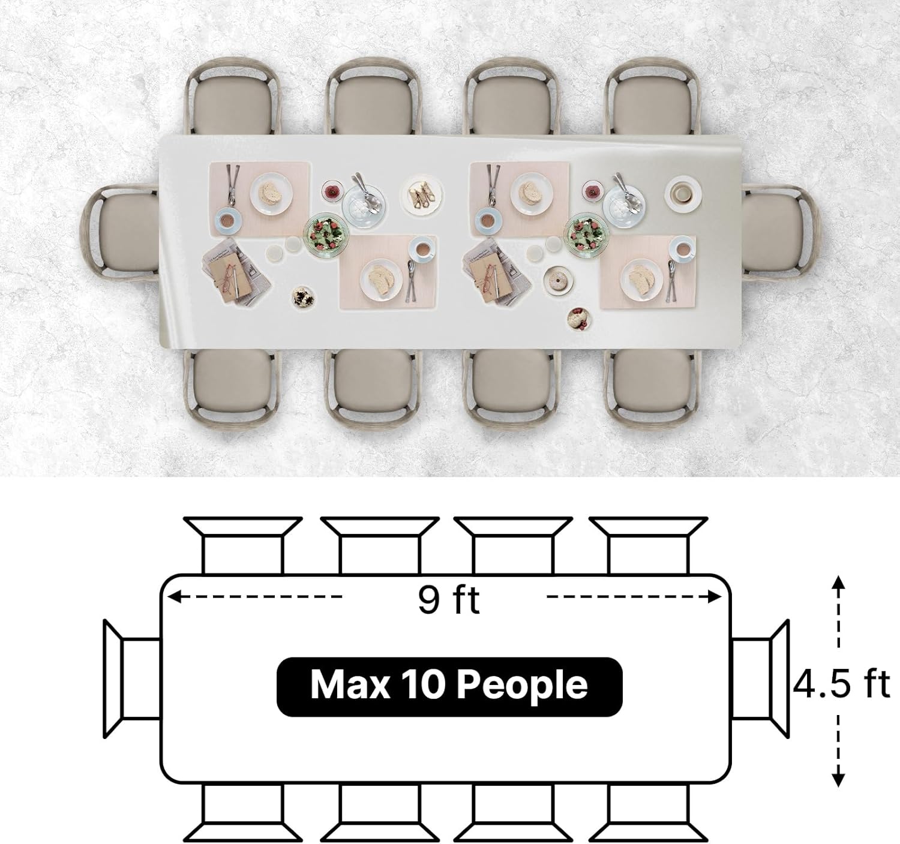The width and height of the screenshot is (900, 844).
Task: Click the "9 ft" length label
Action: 448,600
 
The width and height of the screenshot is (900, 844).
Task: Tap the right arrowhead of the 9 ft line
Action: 715,597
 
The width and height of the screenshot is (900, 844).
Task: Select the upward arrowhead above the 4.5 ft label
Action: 838,582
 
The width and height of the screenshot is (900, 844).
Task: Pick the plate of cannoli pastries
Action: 421,196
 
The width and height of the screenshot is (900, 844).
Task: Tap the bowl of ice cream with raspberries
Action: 579,319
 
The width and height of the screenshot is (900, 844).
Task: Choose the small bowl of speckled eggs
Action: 303,297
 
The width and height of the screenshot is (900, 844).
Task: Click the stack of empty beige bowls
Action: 683,194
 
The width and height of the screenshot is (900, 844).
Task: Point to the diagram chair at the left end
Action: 132,679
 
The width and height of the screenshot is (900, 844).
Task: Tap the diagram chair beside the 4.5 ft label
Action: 760,679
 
